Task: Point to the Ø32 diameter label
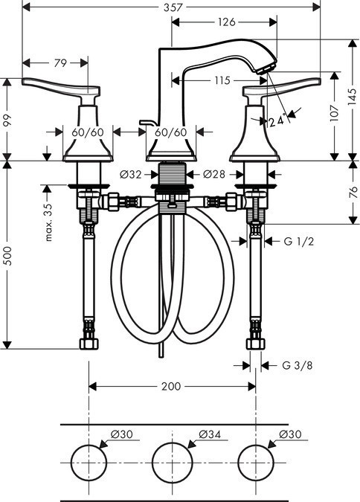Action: pyautogui.click(x=130, y=176)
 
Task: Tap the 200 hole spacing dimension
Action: pyautogui.click(x=171, y=386)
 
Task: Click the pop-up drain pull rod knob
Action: pyautogui.click(x=144, y=120)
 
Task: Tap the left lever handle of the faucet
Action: pyautogui.click(x=60, y=88)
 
